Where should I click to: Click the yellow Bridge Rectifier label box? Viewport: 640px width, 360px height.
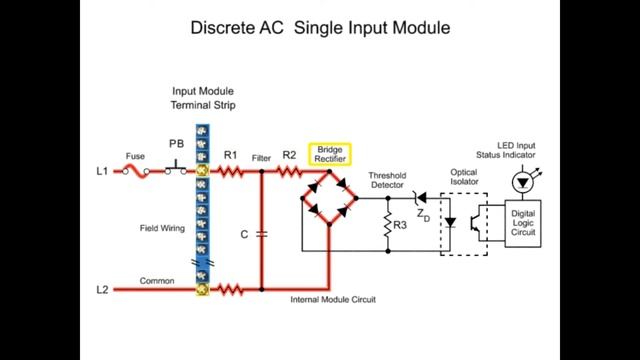(329, 153)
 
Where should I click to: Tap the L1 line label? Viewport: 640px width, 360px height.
(102, 172)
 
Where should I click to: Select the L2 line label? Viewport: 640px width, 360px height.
(102, 290)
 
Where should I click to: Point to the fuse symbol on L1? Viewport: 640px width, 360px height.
(136, 172)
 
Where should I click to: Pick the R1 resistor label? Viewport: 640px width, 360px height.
(230, 155)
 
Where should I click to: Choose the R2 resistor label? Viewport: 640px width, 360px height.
(289, 155)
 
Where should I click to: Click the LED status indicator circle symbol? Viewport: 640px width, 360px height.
(521, 182)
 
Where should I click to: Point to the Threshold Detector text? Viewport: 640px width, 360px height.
(387, 179)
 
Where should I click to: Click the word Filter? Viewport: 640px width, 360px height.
(262, 158)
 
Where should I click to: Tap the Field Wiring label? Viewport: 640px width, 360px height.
(162, 229)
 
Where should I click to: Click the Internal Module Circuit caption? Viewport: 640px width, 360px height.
(332, 300)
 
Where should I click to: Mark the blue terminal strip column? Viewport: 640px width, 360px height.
(202, 210)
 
